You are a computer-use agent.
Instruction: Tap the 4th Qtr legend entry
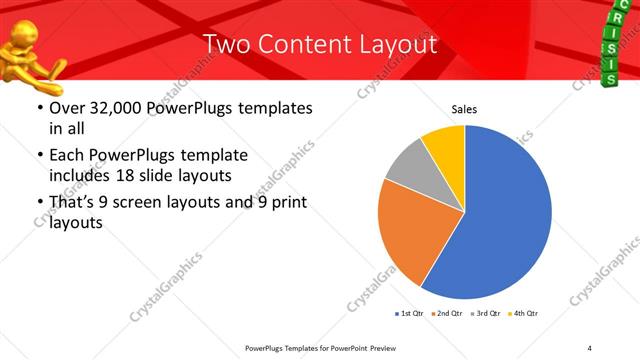[525, 314]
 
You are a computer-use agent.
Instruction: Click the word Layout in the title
[397, 44]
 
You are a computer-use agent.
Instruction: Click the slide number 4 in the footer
[589, 347]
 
